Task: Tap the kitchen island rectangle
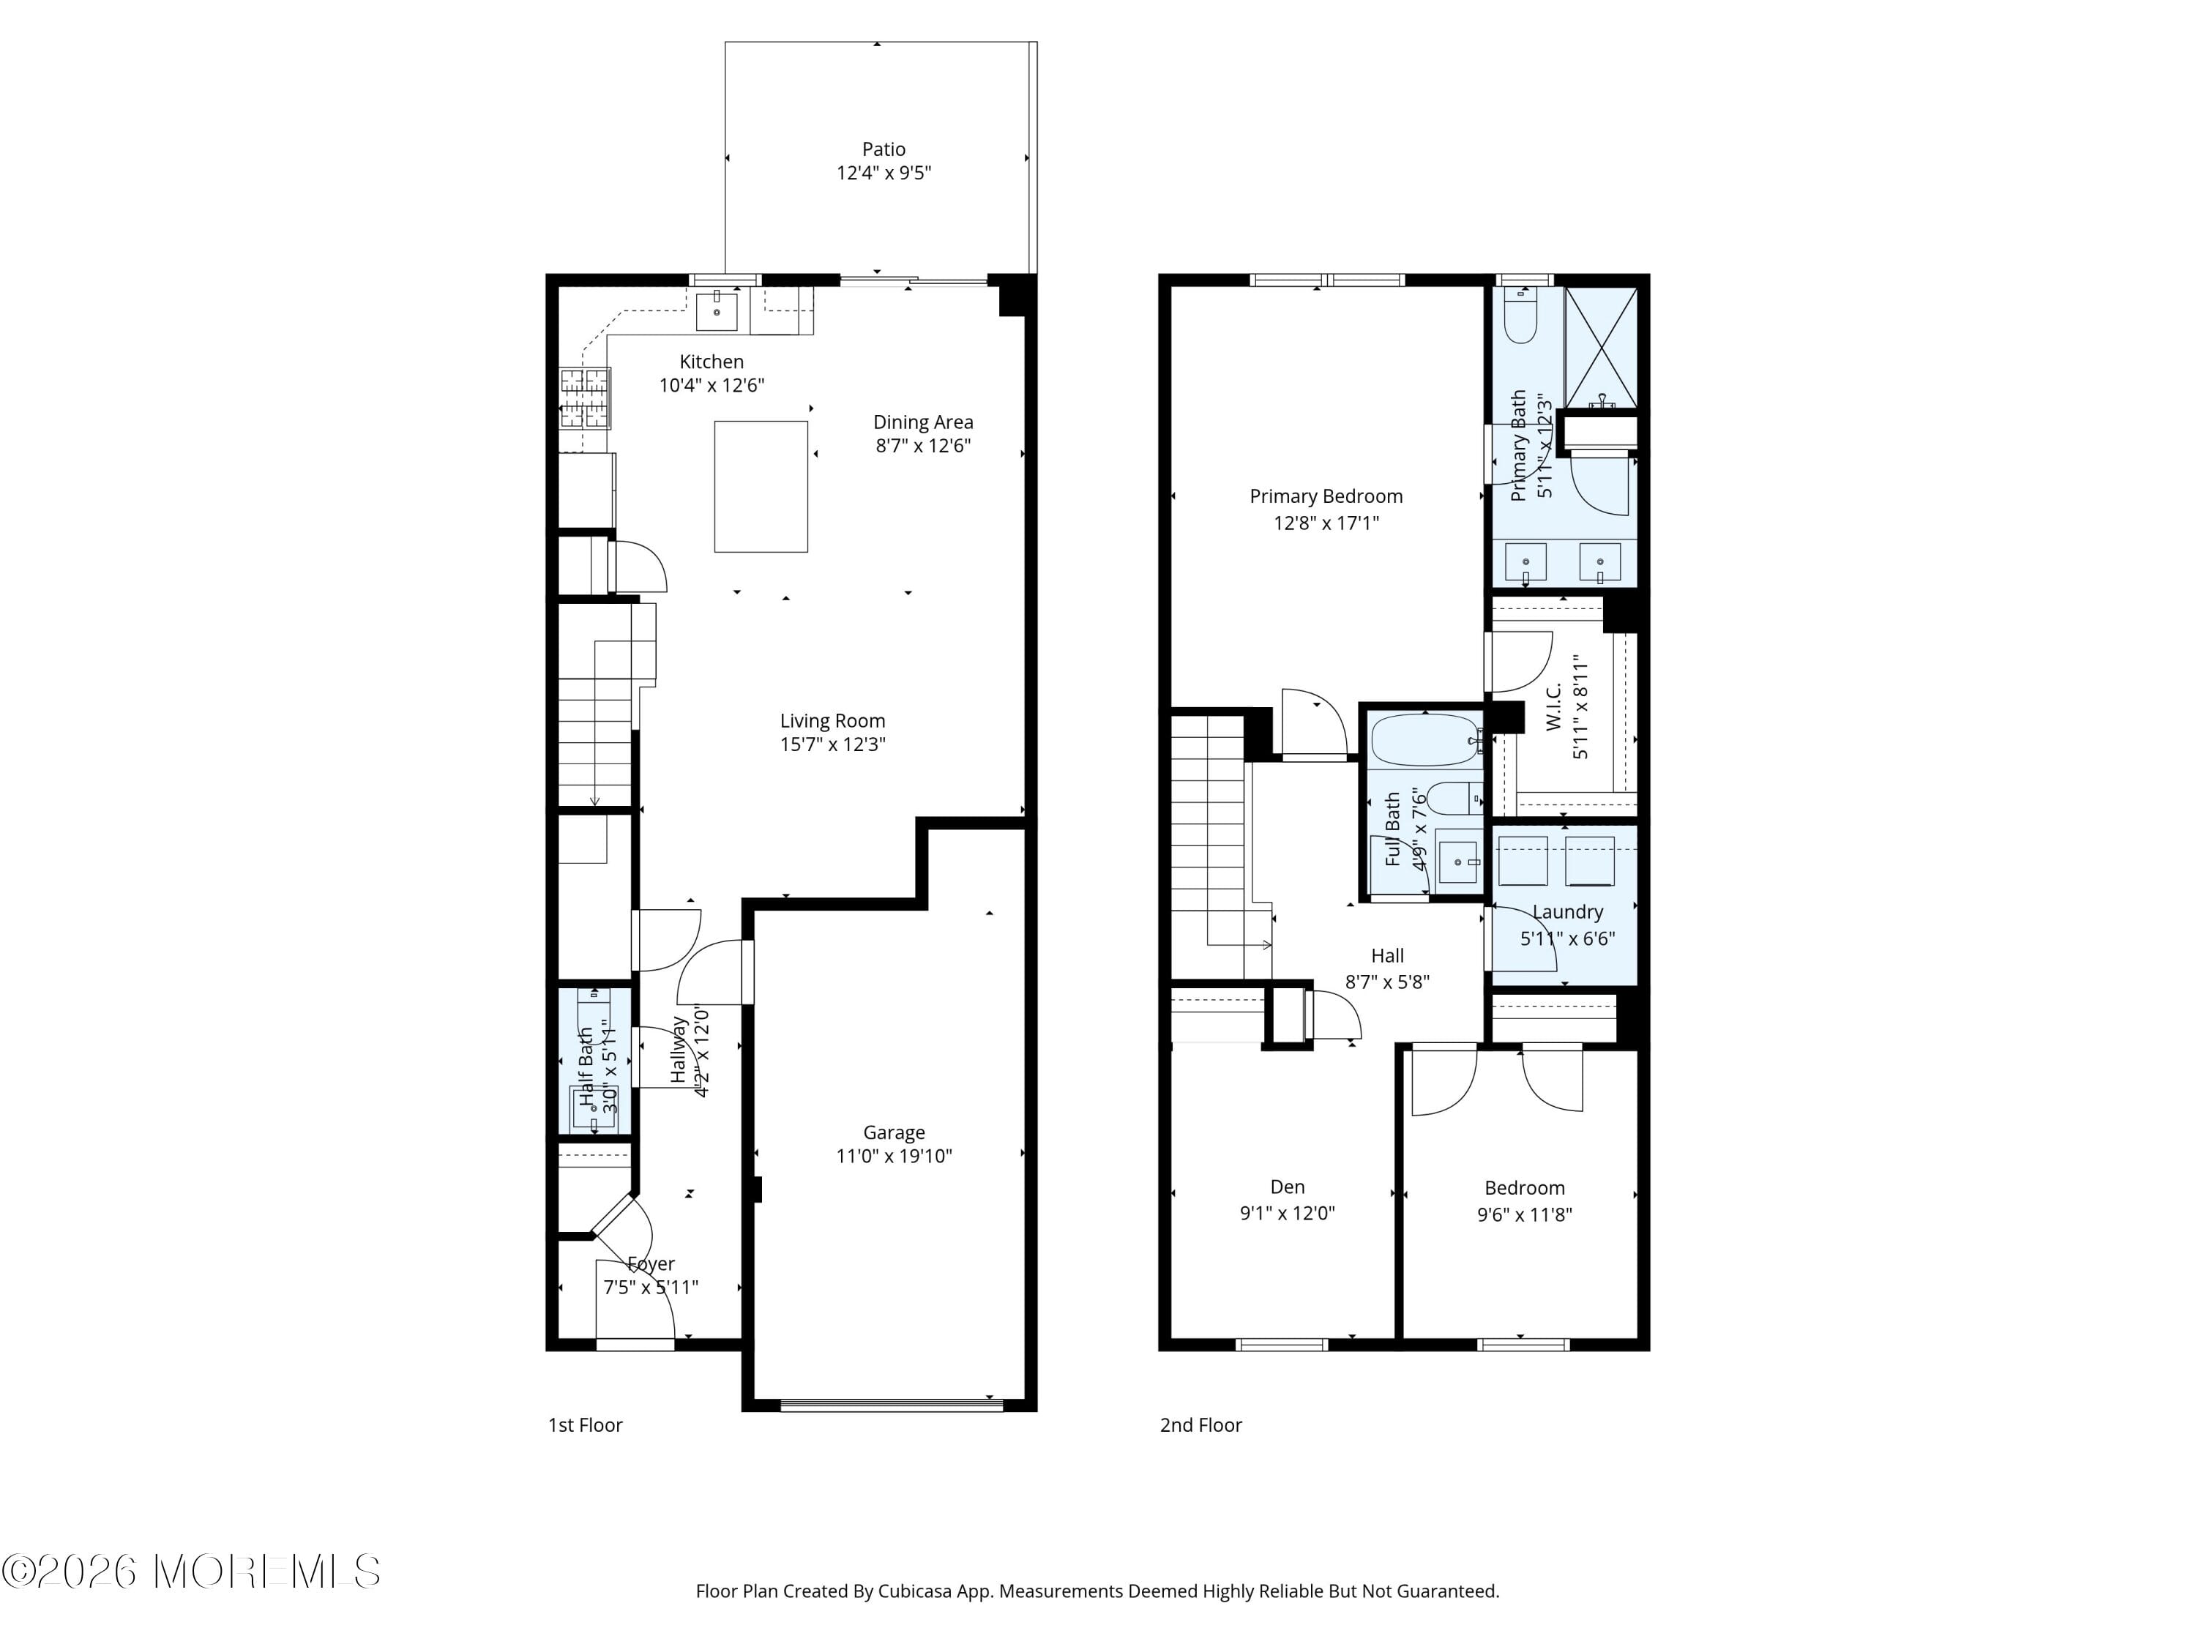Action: pyautogui.click(x=761, y=487)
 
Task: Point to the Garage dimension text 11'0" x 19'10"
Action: pyautogui.click(x=894, y=1156)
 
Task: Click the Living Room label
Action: pyautogui.click(x=832, y=722)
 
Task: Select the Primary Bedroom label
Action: pyautogui.click(x=1326, y=496)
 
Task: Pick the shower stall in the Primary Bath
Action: pyautogui.click(x=1600, y=348)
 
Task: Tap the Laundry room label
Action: pyautogui.click(x=1566, y=911)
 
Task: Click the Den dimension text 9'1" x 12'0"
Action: pyautogui.click(x=1287, y=1213)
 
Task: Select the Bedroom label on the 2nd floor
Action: pyautogui.click(x=1524, y=1188)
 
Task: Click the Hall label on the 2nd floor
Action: pyautogui.click(x=1387, y=956)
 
